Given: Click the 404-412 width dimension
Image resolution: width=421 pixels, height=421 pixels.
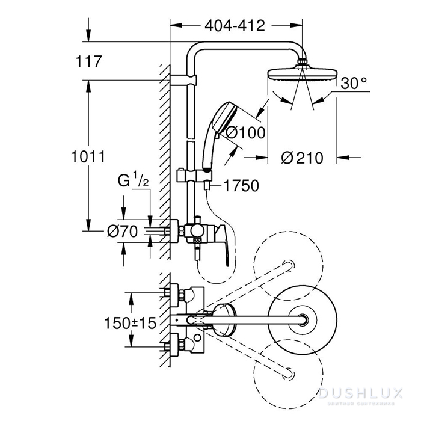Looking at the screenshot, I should [235, 25].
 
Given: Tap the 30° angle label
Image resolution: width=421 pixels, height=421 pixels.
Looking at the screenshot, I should [353, 84].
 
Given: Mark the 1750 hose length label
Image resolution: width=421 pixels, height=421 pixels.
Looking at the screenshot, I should [240, 186].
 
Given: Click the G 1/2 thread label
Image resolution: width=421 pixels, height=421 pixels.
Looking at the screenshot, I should [131, 180].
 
